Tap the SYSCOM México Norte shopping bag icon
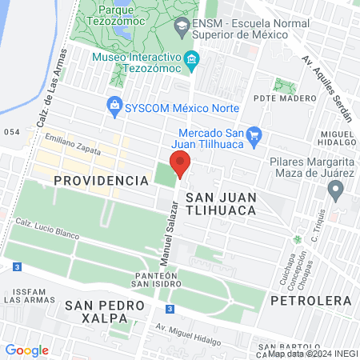[x=114, y=105]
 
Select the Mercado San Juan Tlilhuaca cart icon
[x=255, y=134]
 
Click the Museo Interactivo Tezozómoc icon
[x=191, y=58]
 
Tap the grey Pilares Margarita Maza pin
[x=336, y=190]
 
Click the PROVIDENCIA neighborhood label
[x=102, y=181]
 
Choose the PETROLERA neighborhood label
[x=311, y=301]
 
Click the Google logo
[x=26, y=350]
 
